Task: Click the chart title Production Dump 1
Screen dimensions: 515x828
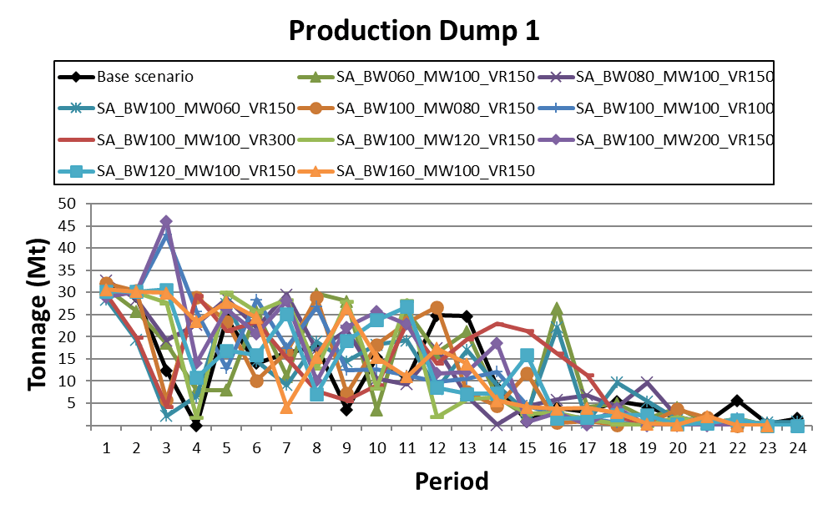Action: pos(414,31)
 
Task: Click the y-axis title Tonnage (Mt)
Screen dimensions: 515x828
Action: pos(38,315)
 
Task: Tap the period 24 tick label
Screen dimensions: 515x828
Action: pos(797,447)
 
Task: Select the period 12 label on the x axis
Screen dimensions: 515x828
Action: pos(437,447)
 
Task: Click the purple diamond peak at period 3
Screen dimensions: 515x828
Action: pos(166,222)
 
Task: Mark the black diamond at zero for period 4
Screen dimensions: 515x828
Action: pos(196,426)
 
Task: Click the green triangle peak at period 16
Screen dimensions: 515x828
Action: pos(557,310)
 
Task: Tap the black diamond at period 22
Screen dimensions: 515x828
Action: pos(737,401)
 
